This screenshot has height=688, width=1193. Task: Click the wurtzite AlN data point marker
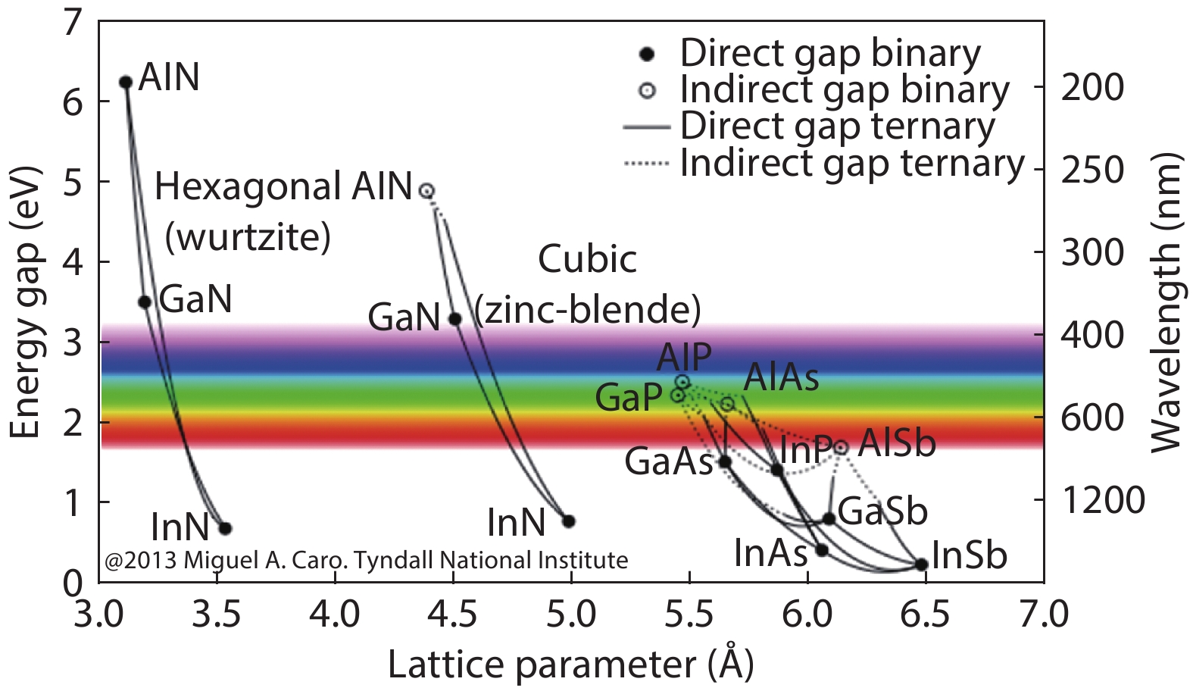point(126,82)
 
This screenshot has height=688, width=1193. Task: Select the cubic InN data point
point(569,521)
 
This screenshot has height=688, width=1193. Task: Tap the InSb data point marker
point(921,564)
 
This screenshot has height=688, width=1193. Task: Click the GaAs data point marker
point(724,461)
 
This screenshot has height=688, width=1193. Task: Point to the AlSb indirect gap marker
point(840,447)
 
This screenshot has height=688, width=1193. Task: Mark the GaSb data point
point(829,518)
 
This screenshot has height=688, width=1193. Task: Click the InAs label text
point(770,554)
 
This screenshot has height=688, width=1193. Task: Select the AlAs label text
point(781,377)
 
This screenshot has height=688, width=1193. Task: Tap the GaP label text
point(628,397)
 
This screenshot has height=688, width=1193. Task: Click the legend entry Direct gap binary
point(829,53)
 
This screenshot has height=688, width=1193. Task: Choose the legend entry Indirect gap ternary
point(851,163)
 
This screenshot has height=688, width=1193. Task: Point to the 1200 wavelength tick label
point(1103,500)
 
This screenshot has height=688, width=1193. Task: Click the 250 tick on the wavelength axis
point(1092,170)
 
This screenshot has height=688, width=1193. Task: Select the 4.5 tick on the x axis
point(453,614)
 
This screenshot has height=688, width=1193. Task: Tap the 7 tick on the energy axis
point(72,23)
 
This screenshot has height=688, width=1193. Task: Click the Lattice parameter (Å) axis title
point(570,665)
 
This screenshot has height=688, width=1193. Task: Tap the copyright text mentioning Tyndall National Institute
point(367,561)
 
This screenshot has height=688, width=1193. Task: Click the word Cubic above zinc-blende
point(587,259)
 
